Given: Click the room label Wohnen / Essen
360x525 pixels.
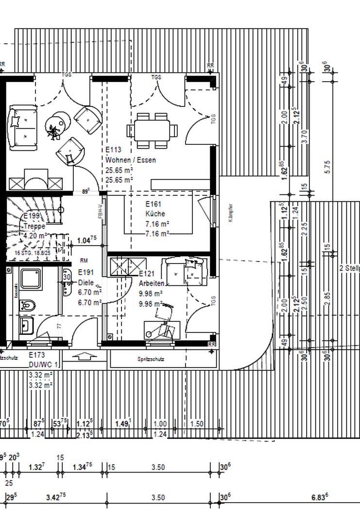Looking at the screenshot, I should click(x=131, y=160).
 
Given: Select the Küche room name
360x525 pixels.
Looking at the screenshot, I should click(x=155, y=214).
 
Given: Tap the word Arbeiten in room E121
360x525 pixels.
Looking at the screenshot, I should click(x=151, y=283).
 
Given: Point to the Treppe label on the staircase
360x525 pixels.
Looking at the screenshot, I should click(x=34, y=226).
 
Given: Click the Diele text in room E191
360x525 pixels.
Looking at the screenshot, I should click(x=86, y=282).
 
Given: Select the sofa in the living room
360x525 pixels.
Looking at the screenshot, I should click(x=22, y=127).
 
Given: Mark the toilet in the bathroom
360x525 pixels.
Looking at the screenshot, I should click(x=28, y=305).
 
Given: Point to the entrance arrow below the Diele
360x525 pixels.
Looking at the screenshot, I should click(x=85, y=356).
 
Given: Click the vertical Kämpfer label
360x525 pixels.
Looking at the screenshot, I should click(x=231, y=213).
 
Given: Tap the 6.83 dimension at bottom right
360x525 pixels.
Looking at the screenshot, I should click(x=319, y=497).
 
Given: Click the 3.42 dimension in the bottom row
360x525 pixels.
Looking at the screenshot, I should click(x=56, y=497).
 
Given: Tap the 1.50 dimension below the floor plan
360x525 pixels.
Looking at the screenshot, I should click(x=197, y=424).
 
